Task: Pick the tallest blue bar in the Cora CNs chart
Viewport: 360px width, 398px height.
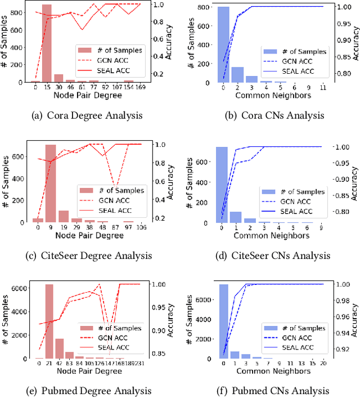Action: click(223, 45)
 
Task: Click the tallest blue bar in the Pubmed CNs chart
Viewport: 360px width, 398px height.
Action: click(223, 321)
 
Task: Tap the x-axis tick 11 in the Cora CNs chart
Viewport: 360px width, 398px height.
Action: click(322, 88)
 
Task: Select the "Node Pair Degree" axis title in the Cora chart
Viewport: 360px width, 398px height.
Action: click(85, 95)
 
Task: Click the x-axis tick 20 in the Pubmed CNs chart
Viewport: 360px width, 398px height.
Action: click(322, 364)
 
